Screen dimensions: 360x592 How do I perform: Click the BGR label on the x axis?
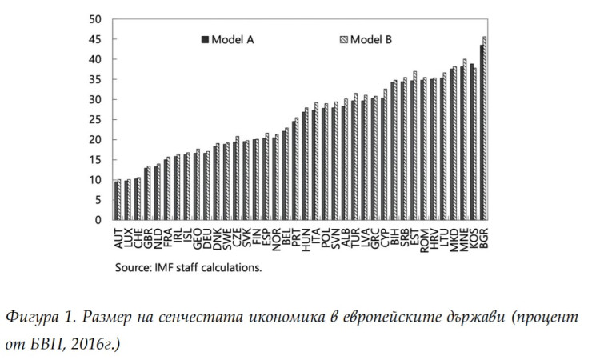click(x=485, y=238)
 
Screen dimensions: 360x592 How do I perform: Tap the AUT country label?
click(x=118, y=238)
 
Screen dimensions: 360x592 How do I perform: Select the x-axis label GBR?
click(x=148, y=238)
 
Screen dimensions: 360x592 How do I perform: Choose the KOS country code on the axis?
click(x=474, y=238)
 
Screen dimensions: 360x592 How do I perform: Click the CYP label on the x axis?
click(x=385, y=238)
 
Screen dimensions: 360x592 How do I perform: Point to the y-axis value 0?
click(x=97, y=220)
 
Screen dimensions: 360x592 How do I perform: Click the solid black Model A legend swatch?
click(x=205, y=38)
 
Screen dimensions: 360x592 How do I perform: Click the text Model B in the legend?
click(x=373, y=38)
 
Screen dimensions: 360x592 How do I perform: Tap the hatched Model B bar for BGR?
click(x=485, y=128)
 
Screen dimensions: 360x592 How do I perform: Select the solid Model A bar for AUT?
click(x=116, y=201)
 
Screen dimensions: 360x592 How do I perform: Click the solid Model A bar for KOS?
click(x=471, y=142)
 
